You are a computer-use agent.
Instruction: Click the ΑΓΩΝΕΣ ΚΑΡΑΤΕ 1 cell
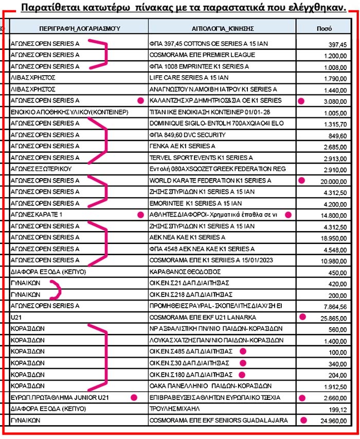click(x=36, y=214)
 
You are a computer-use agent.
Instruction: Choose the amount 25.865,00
click(x=333, y=317)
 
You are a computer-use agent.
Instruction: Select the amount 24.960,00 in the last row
click(x=333, y=420)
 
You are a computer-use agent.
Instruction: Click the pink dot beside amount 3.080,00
click(x=301, y=101)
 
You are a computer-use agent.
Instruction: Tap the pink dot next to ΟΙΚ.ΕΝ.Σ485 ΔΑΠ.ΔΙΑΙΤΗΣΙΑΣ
click(x=243, y=352)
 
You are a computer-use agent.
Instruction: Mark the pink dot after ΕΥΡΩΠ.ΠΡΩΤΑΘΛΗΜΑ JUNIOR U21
click(x=134, y=397)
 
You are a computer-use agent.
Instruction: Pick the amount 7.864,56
click(x=335, y=306)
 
